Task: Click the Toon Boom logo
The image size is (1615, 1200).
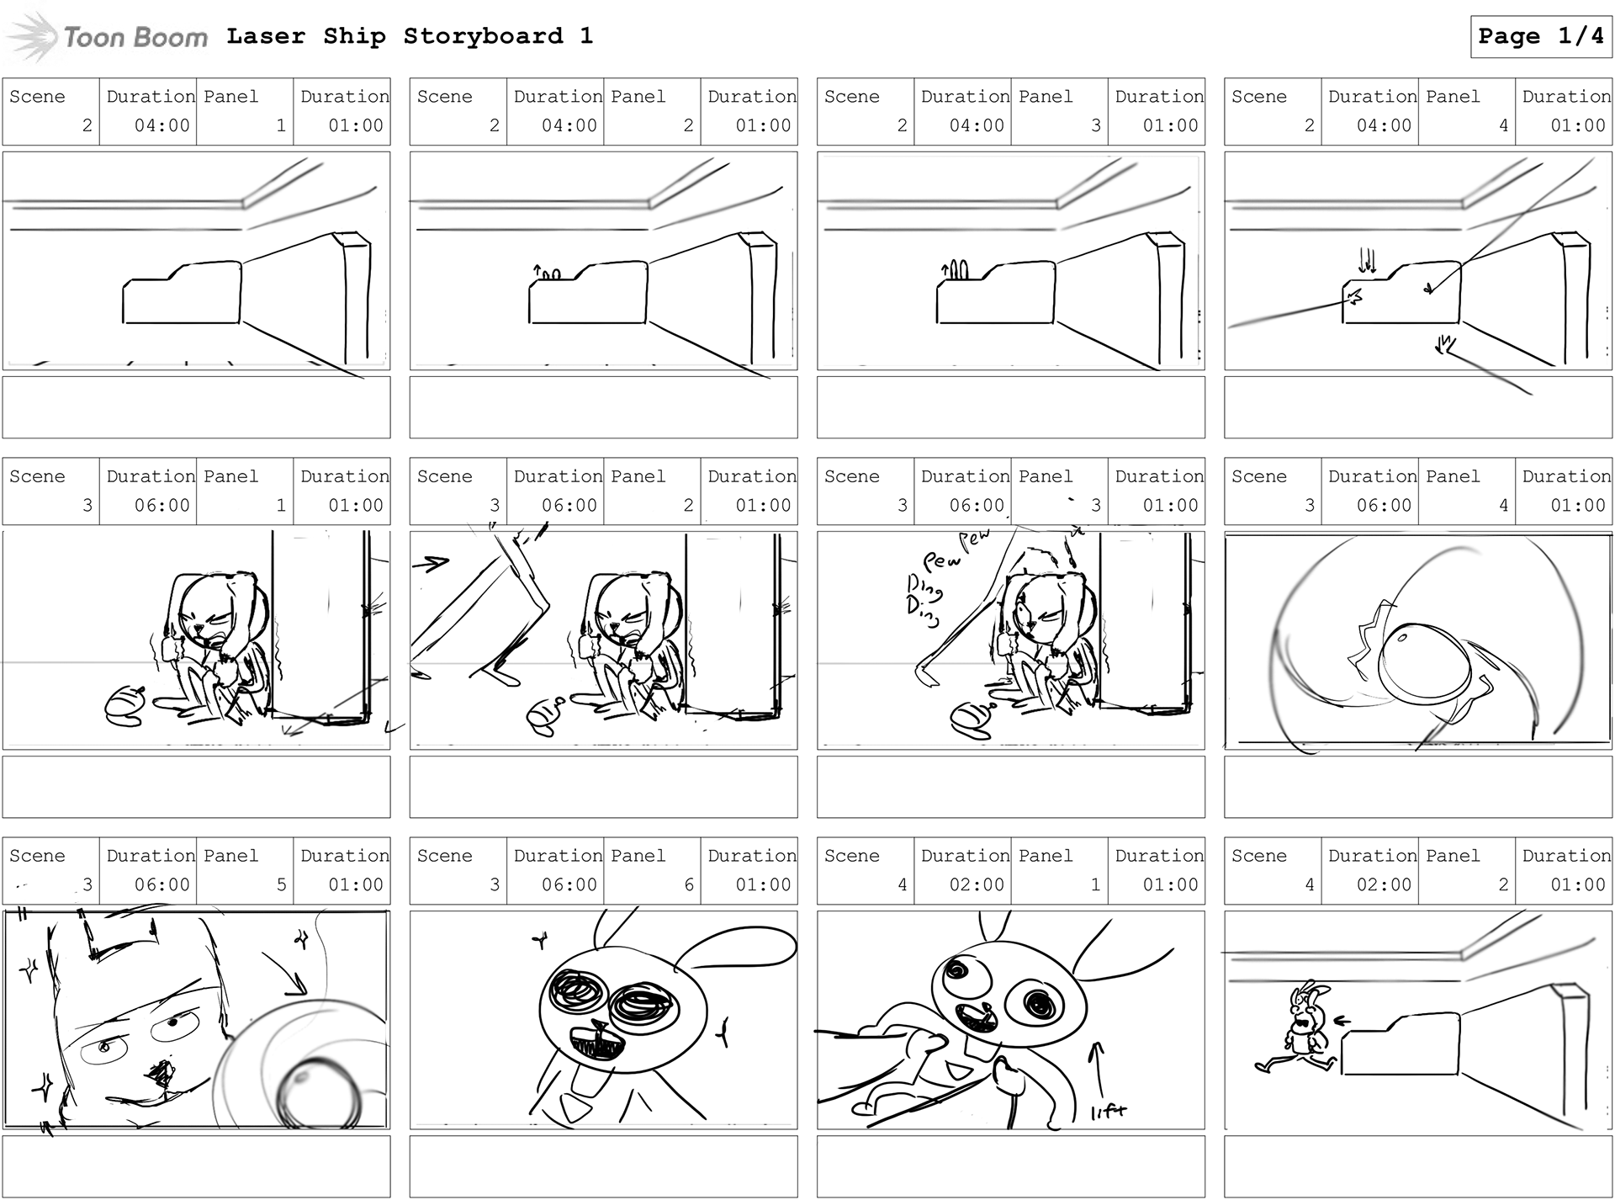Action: point(108,37)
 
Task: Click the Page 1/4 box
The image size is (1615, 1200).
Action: point(1540,36)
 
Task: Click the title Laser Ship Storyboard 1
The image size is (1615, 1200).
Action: point(410,36)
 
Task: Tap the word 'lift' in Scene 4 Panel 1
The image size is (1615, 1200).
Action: point(1108,1112)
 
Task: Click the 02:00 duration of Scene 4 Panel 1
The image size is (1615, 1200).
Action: point(977,884)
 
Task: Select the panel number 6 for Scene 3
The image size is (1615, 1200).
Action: point(689,884)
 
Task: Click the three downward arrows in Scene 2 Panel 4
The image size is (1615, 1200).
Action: point(1367,261)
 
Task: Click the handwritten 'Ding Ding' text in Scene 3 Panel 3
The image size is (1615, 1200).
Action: point(924,599)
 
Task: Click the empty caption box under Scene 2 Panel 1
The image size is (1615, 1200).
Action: point(196,407)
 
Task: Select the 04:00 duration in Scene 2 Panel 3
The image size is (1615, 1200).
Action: point(977,125)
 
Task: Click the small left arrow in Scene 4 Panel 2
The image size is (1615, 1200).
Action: point(1342,1022)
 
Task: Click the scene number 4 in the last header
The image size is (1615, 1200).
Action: point(1309,884)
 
